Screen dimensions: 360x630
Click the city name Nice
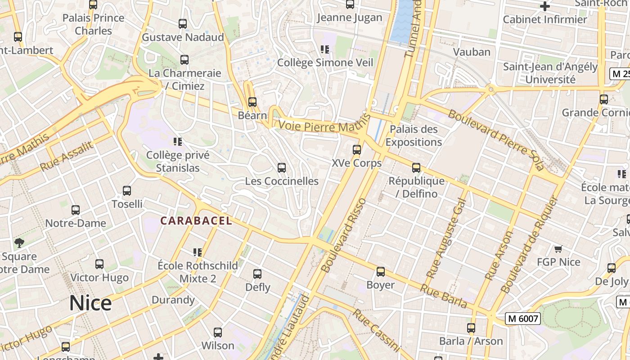pos(90,303)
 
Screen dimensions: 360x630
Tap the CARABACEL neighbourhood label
pos(196,220)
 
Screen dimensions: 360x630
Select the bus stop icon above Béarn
pos(252,102)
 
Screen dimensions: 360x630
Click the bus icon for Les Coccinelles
pos(282,168)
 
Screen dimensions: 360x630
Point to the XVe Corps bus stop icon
pos(357,150)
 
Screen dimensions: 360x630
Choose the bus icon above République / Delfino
pos(416,168)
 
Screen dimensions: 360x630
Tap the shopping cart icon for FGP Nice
pos(558,249)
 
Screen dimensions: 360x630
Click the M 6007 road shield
pos(522,319)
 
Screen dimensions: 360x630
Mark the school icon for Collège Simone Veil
pos(325,49)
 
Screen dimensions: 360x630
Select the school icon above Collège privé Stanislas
pos(178,142)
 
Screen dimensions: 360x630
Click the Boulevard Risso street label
pos(344,235)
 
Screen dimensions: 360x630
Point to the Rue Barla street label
pos(444,296)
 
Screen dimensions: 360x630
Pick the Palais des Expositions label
pos(414,135)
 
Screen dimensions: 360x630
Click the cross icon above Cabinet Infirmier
pos(545,6)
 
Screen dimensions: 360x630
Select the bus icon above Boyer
pos(381,272)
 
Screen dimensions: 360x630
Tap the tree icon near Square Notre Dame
pos(19,243)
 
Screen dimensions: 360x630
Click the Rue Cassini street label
pos(376,330)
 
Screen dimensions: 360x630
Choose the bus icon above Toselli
pos(127,191)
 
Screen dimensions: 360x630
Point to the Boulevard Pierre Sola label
pos(496,140)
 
